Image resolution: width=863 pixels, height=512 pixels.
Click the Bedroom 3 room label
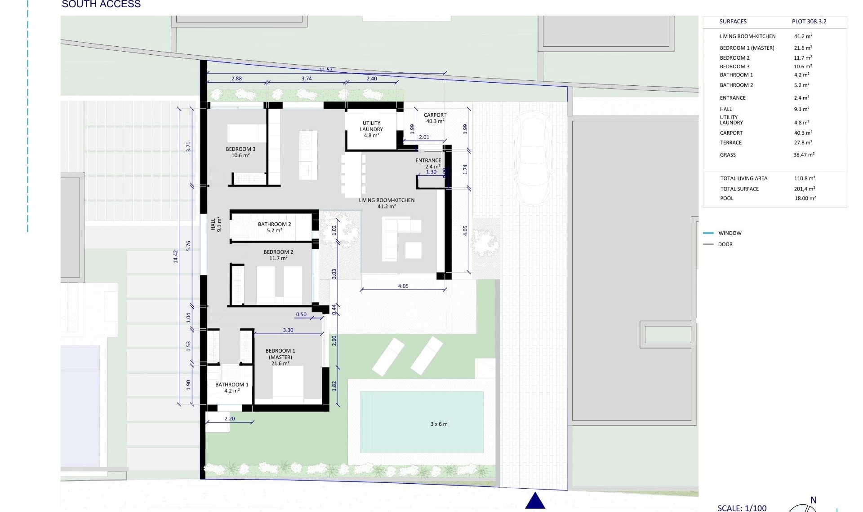(x=240, y=152)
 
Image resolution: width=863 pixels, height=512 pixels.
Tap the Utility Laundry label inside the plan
(x=371, y=129)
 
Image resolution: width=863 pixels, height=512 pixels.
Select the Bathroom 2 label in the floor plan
(x=274, y=227)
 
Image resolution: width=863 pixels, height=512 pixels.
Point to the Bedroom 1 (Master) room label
(x=280, y=357)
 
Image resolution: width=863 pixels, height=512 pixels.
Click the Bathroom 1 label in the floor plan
(x=232, y=388)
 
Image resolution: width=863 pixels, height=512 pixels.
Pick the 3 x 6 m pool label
(x=439, y=424)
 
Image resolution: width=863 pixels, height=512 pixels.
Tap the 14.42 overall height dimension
(x=176, y=256)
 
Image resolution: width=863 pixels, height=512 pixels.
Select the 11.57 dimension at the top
(x=326, y=70)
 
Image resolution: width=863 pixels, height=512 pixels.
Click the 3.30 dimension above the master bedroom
(x=288, y=330)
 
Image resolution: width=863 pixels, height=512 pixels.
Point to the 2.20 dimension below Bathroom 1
(x=230, y=419)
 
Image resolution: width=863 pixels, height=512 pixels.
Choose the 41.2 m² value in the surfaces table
(x=803, y=36)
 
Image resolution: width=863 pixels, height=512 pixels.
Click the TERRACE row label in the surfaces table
(x=731, y=143)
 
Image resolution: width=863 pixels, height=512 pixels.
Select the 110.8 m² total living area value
(x=804, y=178)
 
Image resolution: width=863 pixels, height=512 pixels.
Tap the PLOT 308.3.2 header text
(x=809, y=22)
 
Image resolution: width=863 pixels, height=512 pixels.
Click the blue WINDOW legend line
(x=708, y=233)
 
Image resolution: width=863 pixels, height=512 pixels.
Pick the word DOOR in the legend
(x=725, y=244)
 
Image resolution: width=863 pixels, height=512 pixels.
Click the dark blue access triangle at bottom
(x=535, y=501)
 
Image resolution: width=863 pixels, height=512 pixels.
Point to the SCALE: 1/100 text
(x=742, y=508)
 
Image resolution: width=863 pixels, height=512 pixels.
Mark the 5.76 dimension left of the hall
(x=189, y=246)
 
